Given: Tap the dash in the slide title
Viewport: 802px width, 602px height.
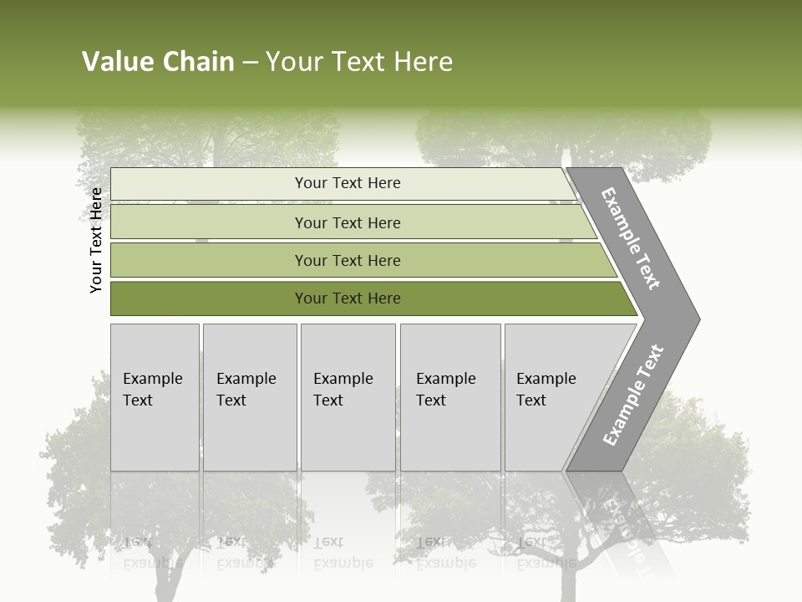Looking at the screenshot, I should click(250, 63).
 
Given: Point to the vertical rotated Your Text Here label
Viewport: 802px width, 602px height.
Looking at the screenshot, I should click(96, 240).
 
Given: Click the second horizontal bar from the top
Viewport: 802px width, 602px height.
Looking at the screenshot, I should click(347, 222).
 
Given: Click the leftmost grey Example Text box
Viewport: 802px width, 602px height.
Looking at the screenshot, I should click(155, 397).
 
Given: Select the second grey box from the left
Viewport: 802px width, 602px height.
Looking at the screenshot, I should click(250, 397).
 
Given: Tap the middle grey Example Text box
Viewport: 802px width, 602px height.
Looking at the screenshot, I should click(348, 397).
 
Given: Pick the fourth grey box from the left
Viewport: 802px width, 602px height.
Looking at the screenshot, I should click(450, 397).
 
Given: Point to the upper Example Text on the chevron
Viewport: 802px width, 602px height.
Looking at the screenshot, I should click(631, 238).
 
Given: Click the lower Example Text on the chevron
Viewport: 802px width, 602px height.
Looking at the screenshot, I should click(632, 395).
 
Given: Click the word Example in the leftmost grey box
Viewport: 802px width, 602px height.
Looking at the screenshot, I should click(152, 379).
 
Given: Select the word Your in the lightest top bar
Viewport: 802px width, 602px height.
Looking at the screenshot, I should click(310, 183).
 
